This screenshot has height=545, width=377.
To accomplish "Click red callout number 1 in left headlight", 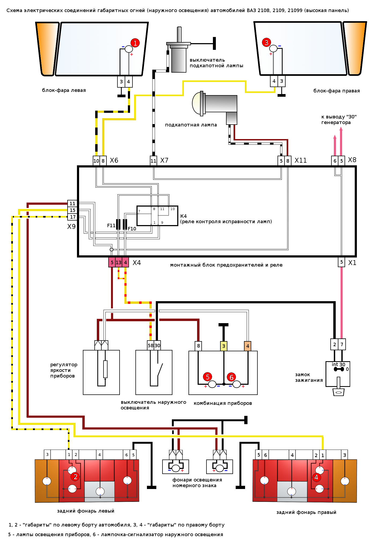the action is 135,43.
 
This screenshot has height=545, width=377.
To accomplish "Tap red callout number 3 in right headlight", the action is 266,42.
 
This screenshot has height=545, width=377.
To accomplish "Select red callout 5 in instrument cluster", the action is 208,377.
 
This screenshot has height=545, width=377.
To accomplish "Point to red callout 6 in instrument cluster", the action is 231,377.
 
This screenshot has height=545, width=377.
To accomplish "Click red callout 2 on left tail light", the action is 75,477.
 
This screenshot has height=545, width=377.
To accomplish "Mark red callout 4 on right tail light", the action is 316,477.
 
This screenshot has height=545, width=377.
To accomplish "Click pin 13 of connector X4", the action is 119,262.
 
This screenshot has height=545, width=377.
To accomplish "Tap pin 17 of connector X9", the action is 72,217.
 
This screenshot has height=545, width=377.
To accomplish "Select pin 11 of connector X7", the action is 153,161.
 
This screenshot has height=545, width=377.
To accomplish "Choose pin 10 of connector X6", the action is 96,161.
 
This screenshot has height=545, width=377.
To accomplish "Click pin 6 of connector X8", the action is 335,161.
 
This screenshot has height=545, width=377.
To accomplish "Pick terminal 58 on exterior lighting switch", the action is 151,346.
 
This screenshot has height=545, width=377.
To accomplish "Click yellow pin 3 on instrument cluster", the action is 224,346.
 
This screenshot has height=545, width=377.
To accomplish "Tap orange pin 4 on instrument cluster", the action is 248,346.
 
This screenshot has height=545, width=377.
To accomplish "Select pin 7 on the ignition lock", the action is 342,344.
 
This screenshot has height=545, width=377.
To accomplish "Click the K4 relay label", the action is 184,216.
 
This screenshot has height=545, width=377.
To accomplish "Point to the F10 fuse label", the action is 132,229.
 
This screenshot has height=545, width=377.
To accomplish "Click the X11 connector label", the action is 301,160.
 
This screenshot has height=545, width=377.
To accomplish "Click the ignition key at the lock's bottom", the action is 338,387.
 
